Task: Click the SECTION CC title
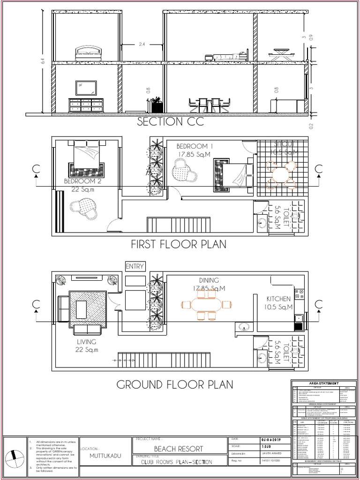coord(167,122)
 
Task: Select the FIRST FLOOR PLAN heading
coord(179,244)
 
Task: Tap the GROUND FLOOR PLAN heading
coord(174,385)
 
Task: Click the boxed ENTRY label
coord(135,266)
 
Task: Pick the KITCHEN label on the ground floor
coord(278,299)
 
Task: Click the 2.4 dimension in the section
coord(142,45)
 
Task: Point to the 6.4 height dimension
coord(43,61)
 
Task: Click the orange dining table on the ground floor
coord(207,305)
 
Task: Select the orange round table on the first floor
coord(280,175)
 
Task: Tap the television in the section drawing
coord(86,88)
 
